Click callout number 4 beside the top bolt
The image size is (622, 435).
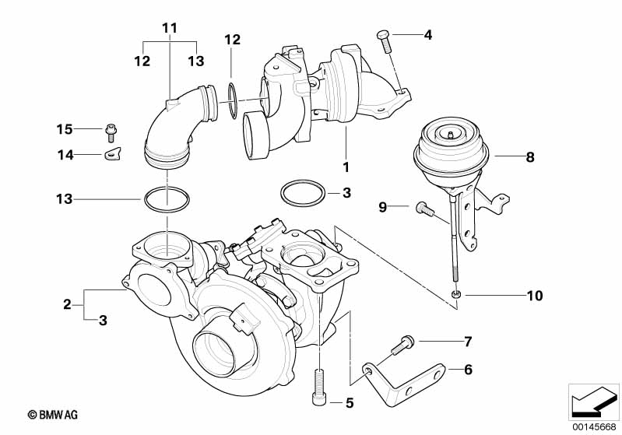[x=427, y=35]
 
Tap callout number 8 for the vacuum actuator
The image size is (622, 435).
[x=529, y=157]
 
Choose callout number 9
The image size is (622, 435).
[x=382, y=207]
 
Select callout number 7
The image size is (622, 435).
[x=468, y=342]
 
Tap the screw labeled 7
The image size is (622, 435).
[x=406, y=342]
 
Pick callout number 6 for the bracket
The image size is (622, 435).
[x=468, y=370]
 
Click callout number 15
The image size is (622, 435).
[x=64, y=128]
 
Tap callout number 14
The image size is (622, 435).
[x=64, y=156]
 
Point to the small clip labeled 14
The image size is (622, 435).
[x=113, y=153]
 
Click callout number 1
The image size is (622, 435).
[x=346, y=167]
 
